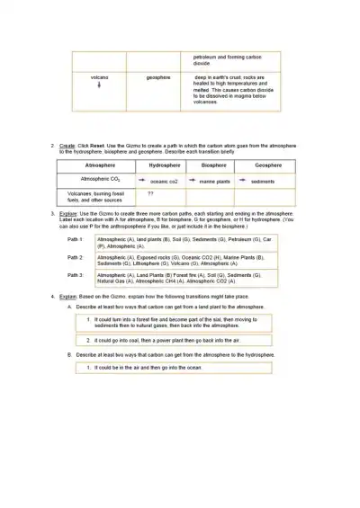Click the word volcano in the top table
coord(99,77)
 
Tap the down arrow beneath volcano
coord(99,85)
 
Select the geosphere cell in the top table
coord(158,77)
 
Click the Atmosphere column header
coord(100,165)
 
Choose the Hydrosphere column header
coord(165,165)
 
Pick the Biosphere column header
coord(214,165)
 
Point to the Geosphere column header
coord(268,165)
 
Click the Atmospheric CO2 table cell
coord(100,180)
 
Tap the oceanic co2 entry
coord(164,182)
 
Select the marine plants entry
coord(215,182)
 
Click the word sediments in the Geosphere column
coord(263,182)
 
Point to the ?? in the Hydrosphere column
coord(151,193)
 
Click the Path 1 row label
coord(76,240)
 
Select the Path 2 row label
coord(76,257)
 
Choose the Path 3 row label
coord(76,274)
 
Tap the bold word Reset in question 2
coord(104,145)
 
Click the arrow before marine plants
coord(192,181)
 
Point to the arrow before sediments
coord(243,181)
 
